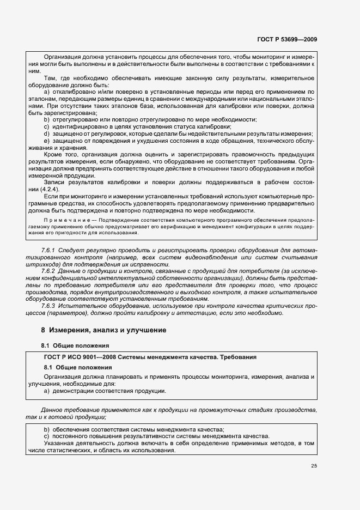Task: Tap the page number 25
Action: pos(314,466)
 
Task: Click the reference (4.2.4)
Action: pos(54,189)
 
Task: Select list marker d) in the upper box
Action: pos(47,134)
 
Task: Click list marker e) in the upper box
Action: pos(47,141)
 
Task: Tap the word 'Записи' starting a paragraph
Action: pos(54,181)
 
